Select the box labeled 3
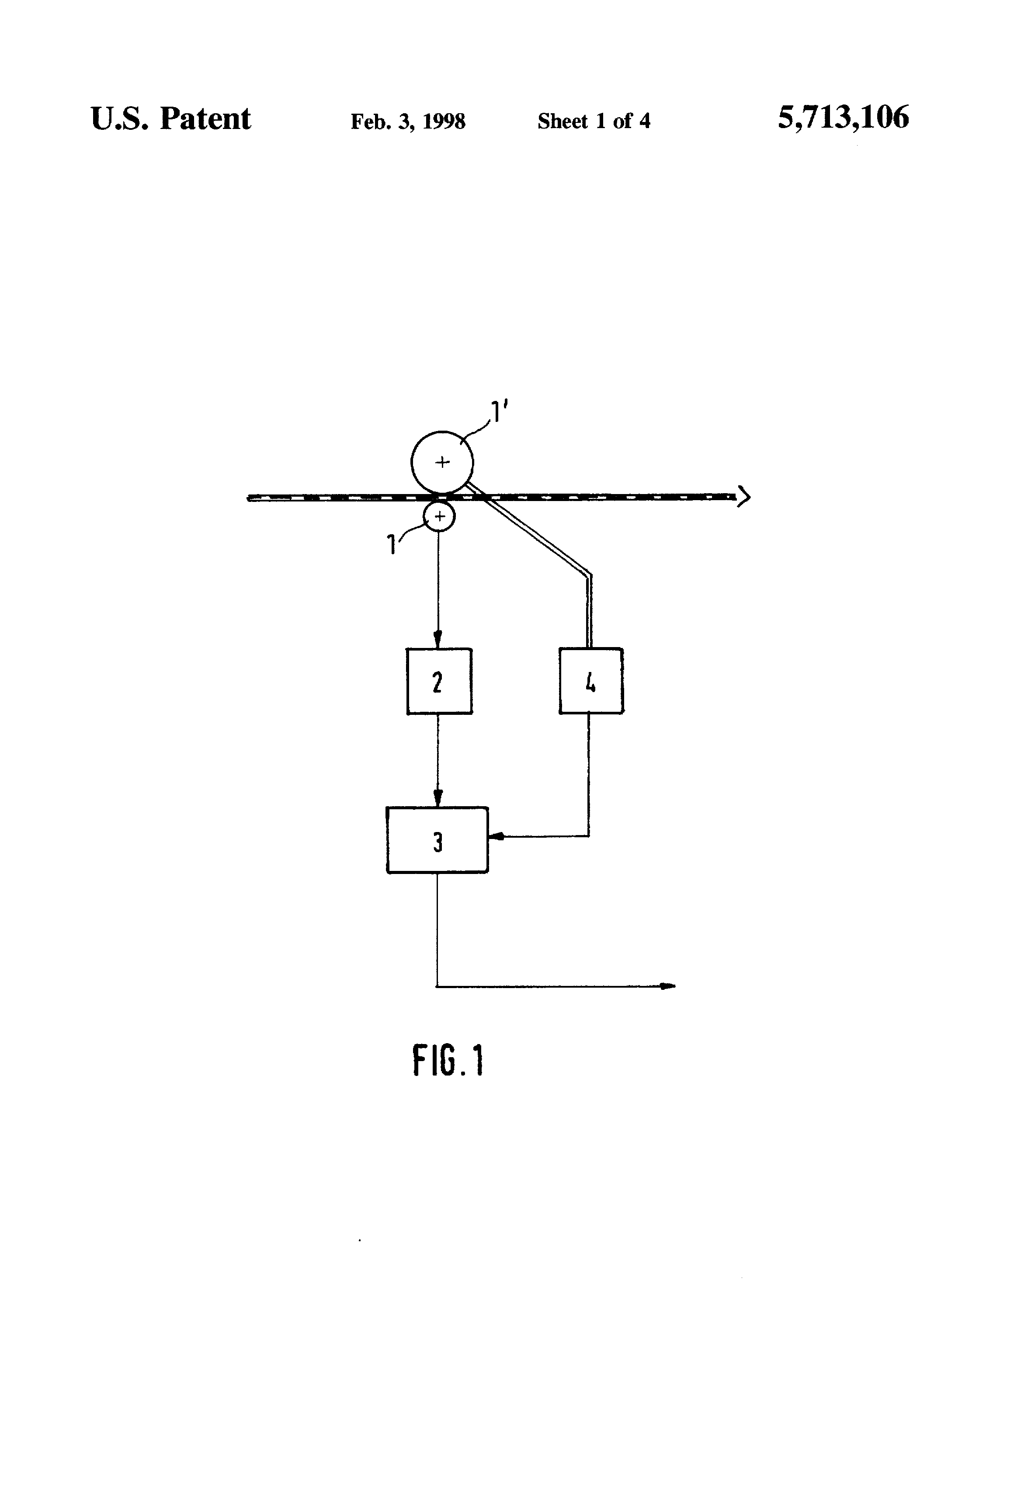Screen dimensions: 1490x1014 437,840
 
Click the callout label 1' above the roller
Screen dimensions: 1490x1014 499,411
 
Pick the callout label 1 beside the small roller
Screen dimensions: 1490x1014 392,545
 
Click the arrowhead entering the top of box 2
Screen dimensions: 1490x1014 438,640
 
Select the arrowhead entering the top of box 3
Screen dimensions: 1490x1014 438,798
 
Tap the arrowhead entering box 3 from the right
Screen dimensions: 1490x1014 496,836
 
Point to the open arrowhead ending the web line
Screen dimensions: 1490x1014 743,496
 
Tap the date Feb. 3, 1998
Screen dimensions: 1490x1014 408,121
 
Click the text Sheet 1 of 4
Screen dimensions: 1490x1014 594,121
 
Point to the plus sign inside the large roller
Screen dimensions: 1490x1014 442,462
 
